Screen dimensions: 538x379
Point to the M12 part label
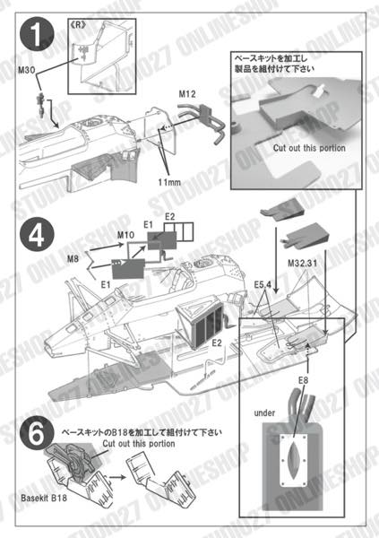point(186,94)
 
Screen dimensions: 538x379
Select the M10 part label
point(125,235)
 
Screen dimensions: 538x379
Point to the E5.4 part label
point(262,284)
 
